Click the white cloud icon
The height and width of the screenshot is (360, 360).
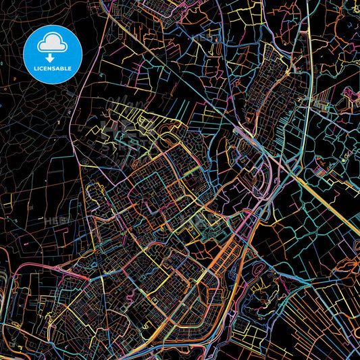point(52,43)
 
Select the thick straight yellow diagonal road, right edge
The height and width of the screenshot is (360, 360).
point(331,196)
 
